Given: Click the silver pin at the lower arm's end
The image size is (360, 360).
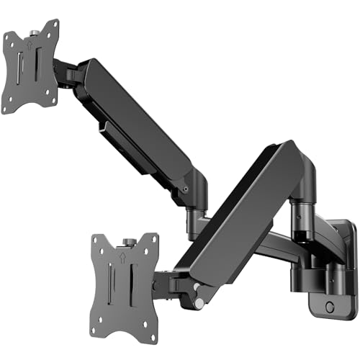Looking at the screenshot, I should point(197,305).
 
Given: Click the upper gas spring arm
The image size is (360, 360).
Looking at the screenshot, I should point(140,122).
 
